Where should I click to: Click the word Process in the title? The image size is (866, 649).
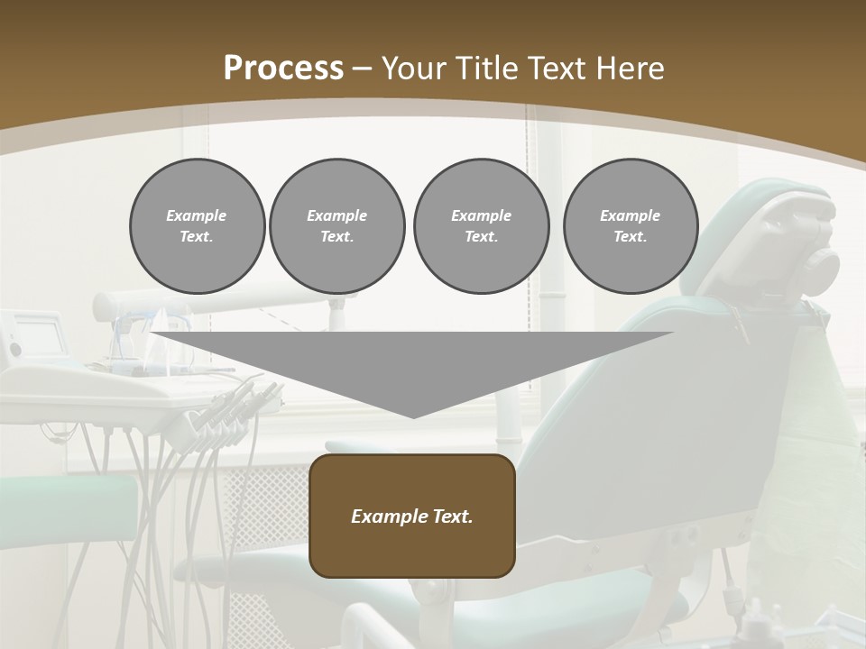point(283,69)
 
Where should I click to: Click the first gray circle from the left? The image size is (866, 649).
point(197,225)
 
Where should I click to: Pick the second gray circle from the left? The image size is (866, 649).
point(336,225)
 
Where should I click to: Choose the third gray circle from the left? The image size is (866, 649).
point(481,225)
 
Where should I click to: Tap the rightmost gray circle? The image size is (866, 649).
point(630,225)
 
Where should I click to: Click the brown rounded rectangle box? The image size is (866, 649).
point(412,516)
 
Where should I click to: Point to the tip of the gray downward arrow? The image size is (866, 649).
point(413,416)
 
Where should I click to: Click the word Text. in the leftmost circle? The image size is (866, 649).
point(197,237)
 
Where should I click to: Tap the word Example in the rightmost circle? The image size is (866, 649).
point(630,215)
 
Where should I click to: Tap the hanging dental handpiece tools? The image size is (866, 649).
point(226,415)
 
